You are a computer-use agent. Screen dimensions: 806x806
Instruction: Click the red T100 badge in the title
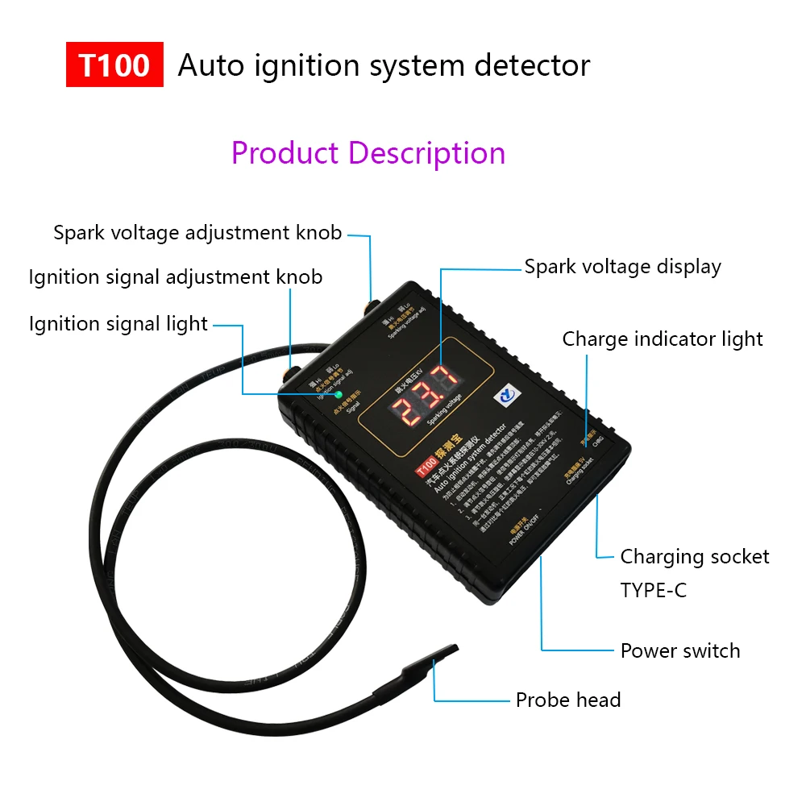tap(114, 65)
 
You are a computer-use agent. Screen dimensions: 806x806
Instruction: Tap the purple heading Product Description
tap(368, 152)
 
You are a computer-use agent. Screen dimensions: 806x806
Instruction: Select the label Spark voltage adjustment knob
tap(197, 233)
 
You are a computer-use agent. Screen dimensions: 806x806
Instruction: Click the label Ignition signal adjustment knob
tap(176, 277)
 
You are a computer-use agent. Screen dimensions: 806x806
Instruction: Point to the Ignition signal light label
tap(118, 324)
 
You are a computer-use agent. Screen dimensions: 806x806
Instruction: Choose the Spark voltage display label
tap(622, 267)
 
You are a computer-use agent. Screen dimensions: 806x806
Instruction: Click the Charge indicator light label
tap(663, 339)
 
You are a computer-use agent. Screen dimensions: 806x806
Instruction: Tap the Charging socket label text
tap(694, 557)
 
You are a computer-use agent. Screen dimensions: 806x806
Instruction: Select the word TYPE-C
tap(654, 590)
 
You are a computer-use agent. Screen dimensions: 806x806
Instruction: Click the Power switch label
tap(680, 650)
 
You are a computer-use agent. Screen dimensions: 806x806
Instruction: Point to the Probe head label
tap(568, 700)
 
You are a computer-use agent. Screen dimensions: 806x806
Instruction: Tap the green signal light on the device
tap(339, 396)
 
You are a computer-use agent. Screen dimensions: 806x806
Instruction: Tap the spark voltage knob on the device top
tap(372, 307)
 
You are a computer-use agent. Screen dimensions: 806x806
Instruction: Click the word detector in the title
tap(532, 65)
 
